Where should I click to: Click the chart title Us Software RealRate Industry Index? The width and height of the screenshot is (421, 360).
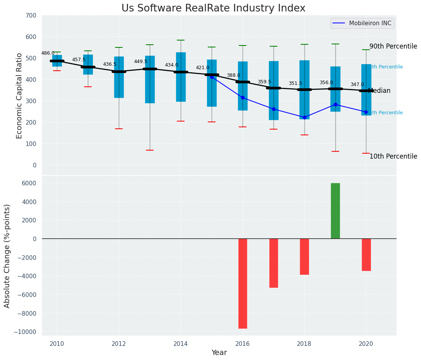[213, 8]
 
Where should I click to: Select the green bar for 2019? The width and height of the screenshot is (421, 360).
[335, 211]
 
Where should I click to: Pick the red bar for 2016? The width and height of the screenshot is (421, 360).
[243, 283]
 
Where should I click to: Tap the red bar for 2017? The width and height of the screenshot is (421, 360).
[274, 263]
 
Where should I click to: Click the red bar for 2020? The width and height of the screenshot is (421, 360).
[366, 255]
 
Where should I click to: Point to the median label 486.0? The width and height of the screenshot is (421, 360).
[48, 54]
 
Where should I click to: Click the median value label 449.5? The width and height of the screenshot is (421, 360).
[140, 62]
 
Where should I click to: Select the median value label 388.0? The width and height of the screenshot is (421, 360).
[233, 76]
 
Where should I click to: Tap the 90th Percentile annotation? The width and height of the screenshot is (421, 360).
[393, 47]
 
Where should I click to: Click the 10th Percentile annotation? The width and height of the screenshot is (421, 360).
[393, 157]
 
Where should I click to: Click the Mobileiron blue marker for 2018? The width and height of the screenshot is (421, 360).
[304, 117]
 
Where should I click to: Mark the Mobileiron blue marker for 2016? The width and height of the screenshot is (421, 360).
[243, 98]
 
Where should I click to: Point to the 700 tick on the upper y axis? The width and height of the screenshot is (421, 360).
[31, 16]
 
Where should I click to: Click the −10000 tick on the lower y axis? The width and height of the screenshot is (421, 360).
[26, 332]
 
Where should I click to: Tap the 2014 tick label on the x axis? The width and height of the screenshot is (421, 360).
[181, 343]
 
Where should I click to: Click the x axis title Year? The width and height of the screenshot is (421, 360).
[219, 353]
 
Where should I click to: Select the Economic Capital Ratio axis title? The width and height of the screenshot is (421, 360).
[19, 96]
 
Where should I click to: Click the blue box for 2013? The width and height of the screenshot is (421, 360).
[150, 79]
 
